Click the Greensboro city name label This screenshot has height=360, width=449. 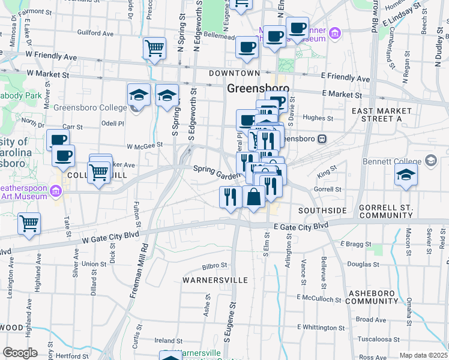point(258,89)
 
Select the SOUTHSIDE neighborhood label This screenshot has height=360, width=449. point(322,211)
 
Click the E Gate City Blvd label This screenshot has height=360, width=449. point(301,226)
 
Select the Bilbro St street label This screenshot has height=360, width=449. point(215,265)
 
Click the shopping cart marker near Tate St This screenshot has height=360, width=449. point(28,224)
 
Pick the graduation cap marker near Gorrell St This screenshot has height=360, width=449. point(406,175)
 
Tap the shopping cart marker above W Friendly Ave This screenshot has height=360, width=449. point(154,48)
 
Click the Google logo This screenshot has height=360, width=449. point(20,353)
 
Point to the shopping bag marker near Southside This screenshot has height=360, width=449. point(253,196)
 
